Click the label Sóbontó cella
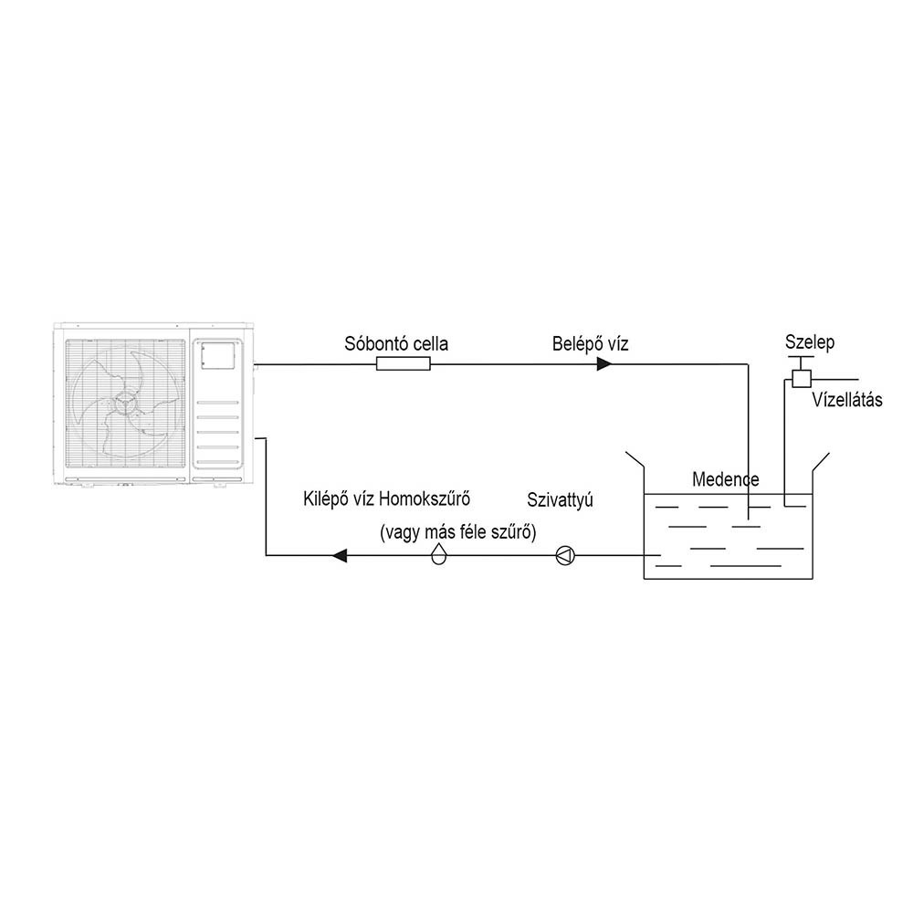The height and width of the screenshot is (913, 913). pyautogui.click(x=396, y=343)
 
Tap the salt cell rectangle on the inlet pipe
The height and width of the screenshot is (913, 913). pyautogui.click(x=403, y=364)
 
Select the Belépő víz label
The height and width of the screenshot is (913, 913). pyautogui.click(x=591, y=343)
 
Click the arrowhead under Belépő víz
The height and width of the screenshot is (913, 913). pyautogui.click(x=604, y=364)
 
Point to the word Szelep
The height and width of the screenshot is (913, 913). pyautogui.click(x=809, y=341)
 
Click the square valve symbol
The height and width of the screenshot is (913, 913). pyautogui.click(x=802, y=379)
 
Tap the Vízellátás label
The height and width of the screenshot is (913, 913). pyautogui.click(x=847, y=400)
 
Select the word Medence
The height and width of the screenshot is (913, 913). pyautogui.click(x=726, y=479)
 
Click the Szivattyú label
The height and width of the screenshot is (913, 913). pyautogui.click(x=561, y=500)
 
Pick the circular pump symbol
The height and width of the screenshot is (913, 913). pyautogui.click(x=565, y=555)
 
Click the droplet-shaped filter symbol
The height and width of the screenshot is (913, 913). pyautogui.click(x=438, y=553)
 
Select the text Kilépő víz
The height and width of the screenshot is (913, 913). pyautogui.click(x=339, y=499)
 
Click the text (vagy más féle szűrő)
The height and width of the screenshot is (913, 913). pyautogui.click(x=457, y=531)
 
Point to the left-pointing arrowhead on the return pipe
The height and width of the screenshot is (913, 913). pyautogui.click(x=340, y=555)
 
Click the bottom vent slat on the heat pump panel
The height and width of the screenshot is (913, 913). pyautogui.click(x=217, y=463)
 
